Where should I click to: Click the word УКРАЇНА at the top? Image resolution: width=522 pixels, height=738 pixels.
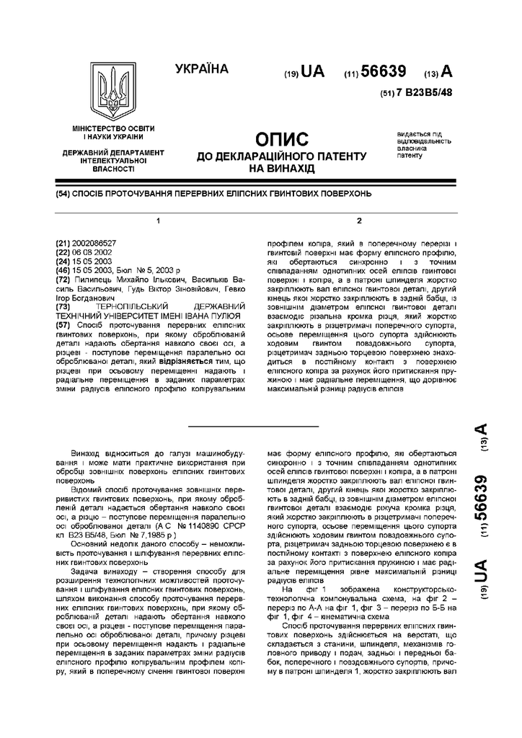201,70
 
